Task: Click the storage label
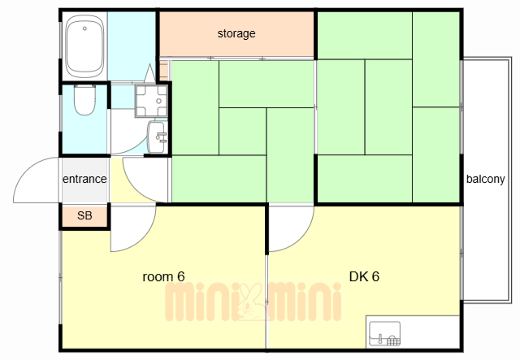[236, 33]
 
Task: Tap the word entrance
[84, 179]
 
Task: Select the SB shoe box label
[84, 215]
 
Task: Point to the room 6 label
[163, 276]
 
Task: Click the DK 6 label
[364, 276]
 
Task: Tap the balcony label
[486, 179]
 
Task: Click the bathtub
[84, 46]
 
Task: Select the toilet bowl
[84, 100]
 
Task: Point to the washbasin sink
[156, 137]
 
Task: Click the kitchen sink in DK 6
[384, 333]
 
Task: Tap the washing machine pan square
[152, 101]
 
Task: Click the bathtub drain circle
[84, 28]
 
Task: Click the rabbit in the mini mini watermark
[251, 302]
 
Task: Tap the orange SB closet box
[84, 216]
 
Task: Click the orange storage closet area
[236, 34]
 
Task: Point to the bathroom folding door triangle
[149, 73]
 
